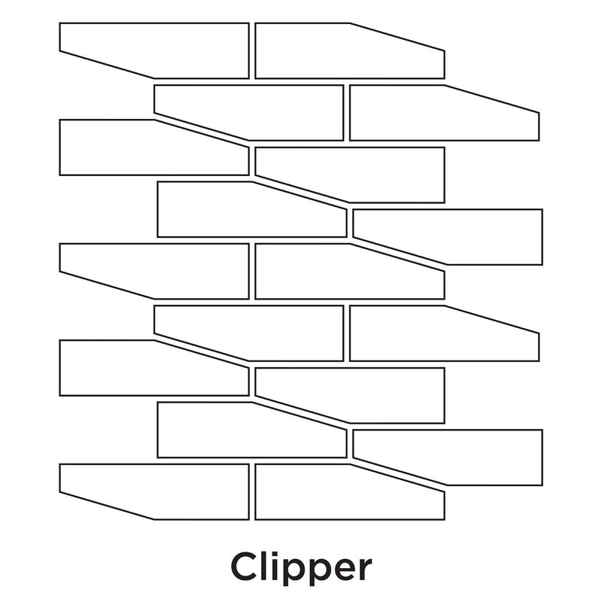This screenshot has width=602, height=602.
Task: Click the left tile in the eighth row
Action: [x=241, y=430]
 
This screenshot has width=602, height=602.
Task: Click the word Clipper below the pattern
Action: [x=301, y=566]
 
